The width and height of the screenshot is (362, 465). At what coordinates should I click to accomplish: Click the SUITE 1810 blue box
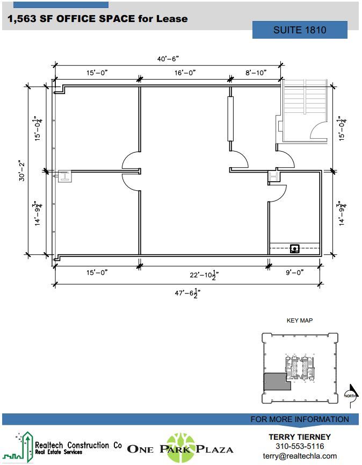300,30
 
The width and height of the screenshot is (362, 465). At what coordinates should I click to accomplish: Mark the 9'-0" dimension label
295,273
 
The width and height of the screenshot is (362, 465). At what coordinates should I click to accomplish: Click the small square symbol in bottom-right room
294,248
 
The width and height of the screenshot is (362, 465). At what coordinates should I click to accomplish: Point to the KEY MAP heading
300,320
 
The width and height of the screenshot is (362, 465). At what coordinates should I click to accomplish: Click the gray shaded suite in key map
276,381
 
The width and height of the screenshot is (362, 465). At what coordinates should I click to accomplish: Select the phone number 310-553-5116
300,446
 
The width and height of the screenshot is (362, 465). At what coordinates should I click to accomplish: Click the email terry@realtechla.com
300,456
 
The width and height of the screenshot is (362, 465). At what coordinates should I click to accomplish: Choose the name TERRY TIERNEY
300,437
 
